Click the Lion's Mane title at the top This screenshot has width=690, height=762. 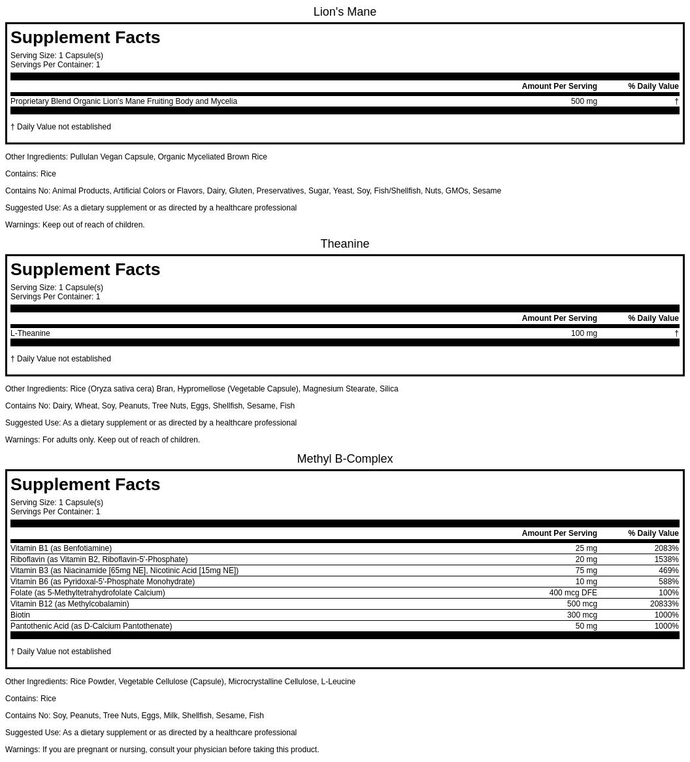tap(344, 12)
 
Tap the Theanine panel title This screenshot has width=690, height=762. tap(344, 244)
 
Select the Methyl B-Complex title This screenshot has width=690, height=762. tap(344, 459)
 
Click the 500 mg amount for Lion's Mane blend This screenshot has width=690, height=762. tap(583, 101)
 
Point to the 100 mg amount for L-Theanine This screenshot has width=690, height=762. tap(583, 333)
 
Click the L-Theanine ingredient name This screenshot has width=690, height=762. tap(30, 333)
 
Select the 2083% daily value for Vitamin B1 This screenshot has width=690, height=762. tap(666, 548)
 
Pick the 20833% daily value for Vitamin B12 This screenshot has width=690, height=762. tap(664, 604)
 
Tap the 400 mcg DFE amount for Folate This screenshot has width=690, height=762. tap(572, 593)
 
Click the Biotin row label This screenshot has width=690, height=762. tap(20, 615)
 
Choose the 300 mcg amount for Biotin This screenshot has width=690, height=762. tap(582, 615)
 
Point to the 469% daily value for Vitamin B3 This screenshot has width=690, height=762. tap(668, 571)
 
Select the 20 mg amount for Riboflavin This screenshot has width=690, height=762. tap(586, 559)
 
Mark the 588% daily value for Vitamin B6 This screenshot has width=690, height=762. tap(668, 582)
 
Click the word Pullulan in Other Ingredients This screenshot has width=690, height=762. tap(84, 157)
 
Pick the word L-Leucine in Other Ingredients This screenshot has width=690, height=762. tap(338, 682)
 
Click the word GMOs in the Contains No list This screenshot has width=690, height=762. tap(456, 191)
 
